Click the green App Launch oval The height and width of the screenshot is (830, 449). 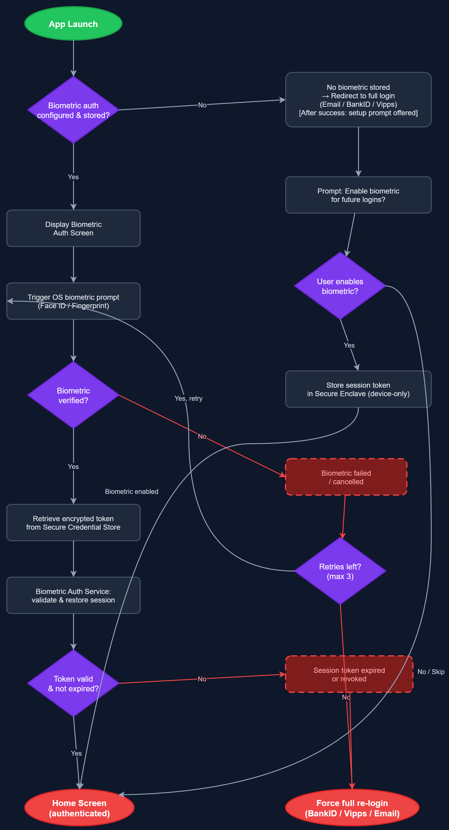(73, 24)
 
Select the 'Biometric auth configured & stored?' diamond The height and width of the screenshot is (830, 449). (73, 110)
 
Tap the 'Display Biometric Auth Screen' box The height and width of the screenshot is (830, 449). (73, 228)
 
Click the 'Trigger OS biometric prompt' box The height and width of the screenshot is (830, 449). (73, 301)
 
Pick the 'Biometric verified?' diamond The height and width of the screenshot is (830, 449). (73, 395)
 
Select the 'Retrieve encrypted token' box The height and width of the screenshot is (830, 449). (73, 523)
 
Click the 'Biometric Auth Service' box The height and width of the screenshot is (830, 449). (73, 596)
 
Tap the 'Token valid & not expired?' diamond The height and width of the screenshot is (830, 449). (73, 683)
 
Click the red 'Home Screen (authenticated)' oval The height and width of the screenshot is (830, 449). (79, 808)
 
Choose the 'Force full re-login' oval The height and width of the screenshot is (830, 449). (352, 808)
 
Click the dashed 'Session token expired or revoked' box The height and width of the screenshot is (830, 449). (349, 674)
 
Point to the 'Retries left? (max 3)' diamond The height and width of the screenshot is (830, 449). (340, 571)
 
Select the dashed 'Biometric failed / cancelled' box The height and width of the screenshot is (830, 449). (346, 477)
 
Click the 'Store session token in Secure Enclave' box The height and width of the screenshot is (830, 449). (358, 389)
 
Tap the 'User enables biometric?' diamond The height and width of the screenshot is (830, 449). (340, 286)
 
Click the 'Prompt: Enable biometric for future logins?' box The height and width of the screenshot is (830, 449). (358, 195)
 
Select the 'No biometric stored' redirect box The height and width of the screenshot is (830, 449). (358, 100)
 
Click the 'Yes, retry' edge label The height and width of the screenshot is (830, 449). (189, 399)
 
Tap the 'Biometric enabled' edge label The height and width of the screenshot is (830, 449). (131, 492)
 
